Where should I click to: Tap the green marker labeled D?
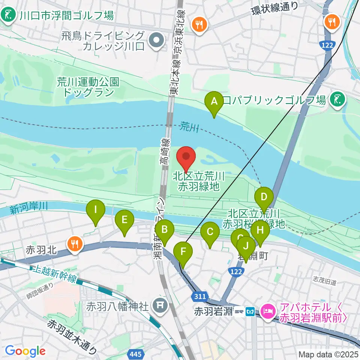(264, 197)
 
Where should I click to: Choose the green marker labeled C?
(210, 233)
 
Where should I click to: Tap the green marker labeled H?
(260, 231)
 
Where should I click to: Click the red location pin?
(186, 157)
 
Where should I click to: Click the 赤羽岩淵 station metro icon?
(250, 311)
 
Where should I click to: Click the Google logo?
(25, 351)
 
